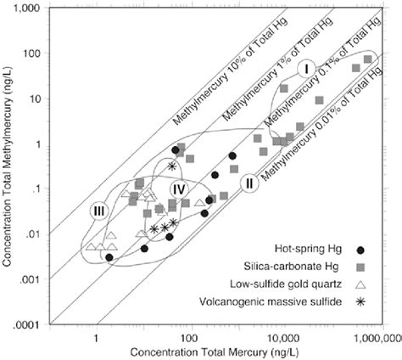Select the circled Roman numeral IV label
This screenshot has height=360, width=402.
177,188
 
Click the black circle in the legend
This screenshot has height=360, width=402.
360,250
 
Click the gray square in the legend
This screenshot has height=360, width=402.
360,267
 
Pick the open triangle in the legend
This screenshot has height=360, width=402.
360,284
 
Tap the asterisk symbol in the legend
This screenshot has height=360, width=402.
360,301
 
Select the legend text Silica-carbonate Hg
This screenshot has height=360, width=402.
297,267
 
